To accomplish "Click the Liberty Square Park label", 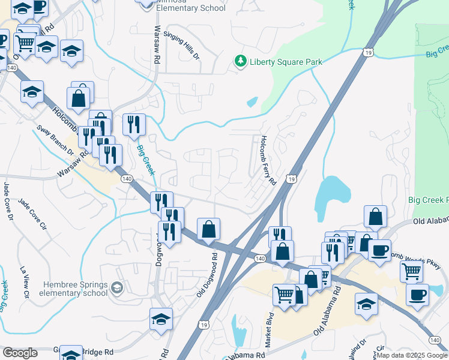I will tap(286, 62).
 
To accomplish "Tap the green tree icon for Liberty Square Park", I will tap(240, 61).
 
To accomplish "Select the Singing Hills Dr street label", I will tap(181, 45).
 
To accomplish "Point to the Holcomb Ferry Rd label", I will tap(267, 160).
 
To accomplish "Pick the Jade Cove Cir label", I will tap(32, 214).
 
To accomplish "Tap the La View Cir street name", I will tap(25, 283).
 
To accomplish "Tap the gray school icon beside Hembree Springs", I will tap(117, 289).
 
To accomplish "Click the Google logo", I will tap(20, 353).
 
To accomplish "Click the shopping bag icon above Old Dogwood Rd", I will tap(208, 229).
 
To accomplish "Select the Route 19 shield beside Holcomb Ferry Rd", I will tap(291, 179).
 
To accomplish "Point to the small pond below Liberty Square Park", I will tap(252, 102).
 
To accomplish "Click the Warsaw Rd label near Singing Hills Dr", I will tap(157, 45).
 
